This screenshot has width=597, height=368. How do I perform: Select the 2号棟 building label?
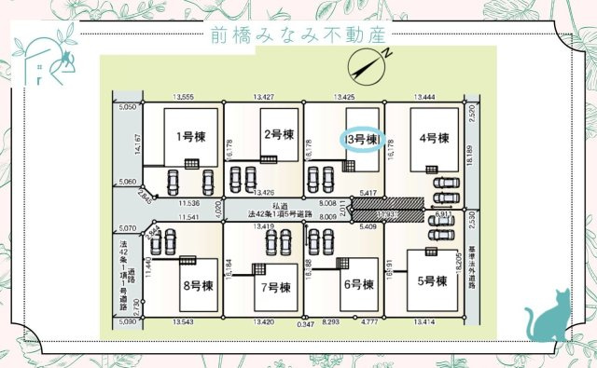278,134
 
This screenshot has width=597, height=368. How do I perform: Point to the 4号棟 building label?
435,139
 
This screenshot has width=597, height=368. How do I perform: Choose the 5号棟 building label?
434,280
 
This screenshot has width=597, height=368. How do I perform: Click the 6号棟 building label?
357,284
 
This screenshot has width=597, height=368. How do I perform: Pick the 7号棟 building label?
277,286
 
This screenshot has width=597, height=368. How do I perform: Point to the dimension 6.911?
444,216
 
